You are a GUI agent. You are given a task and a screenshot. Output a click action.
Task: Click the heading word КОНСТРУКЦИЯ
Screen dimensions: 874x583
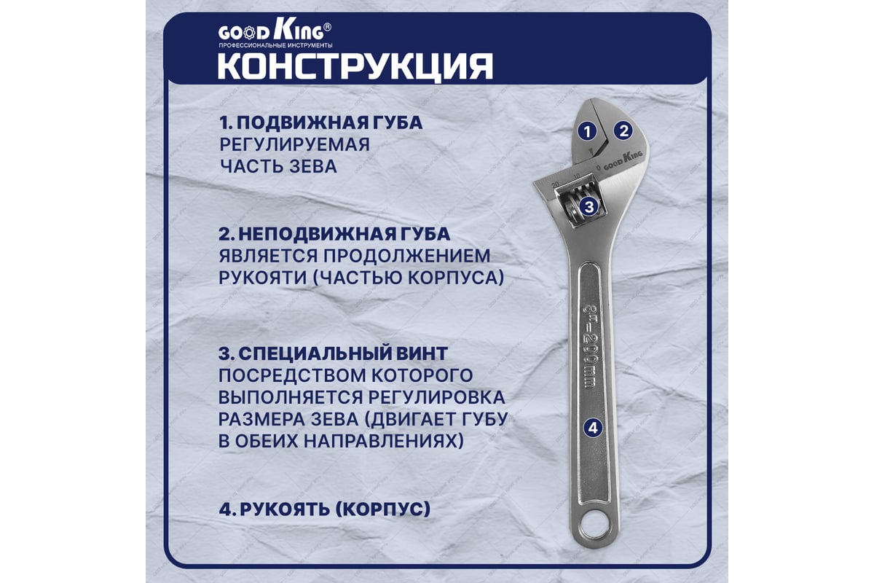coord(355,67)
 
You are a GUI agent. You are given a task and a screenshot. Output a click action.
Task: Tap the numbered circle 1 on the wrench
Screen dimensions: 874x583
coord(587,132)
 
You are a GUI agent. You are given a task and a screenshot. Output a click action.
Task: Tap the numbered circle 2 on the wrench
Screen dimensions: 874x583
coord(623,131)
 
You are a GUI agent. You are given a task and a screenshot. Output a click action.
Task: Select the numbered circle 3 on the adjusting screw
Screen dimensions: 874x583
coord(589,206)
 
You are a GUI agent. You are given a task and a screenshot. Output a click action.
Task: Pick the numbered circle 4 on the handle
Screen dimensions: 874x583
coord(593,428)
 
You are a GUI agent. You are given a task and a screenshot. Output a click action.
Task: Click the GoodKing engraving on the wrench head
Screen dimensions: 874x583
coord(623,161)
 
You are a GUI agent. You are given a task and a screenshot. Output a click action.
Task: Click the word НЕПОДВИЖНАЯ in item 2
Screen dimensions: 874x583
coord(313,235)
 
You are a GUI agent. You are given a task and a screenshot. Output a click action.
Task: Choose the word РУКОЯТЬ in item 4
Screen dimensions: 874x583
coord(285,509)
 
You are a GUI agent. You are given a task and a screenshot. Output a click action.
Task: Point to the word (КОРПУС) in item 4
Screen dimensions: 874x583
coord(382,509)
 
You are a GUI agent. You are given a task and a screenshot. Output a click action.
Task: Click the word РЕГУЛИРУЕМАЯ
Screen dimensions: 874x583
coord(294,144)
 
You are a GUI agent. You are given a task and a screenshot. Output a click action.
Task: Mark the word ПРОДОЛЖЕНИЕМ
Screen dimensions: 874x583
coord(407,257)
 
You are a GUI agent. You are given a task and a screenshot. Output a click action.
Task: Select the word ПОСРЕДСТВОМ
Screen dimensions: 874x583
coord(291,375)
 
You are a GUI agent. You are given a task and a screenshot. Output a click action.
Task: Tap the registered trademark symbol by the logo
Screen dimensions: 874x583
coord(328,26)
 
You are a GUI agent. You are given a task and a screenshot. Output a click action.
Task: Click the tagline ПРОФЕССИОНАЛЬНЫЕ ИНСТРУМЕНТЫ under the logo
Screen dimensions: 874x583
coord(275,46)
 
